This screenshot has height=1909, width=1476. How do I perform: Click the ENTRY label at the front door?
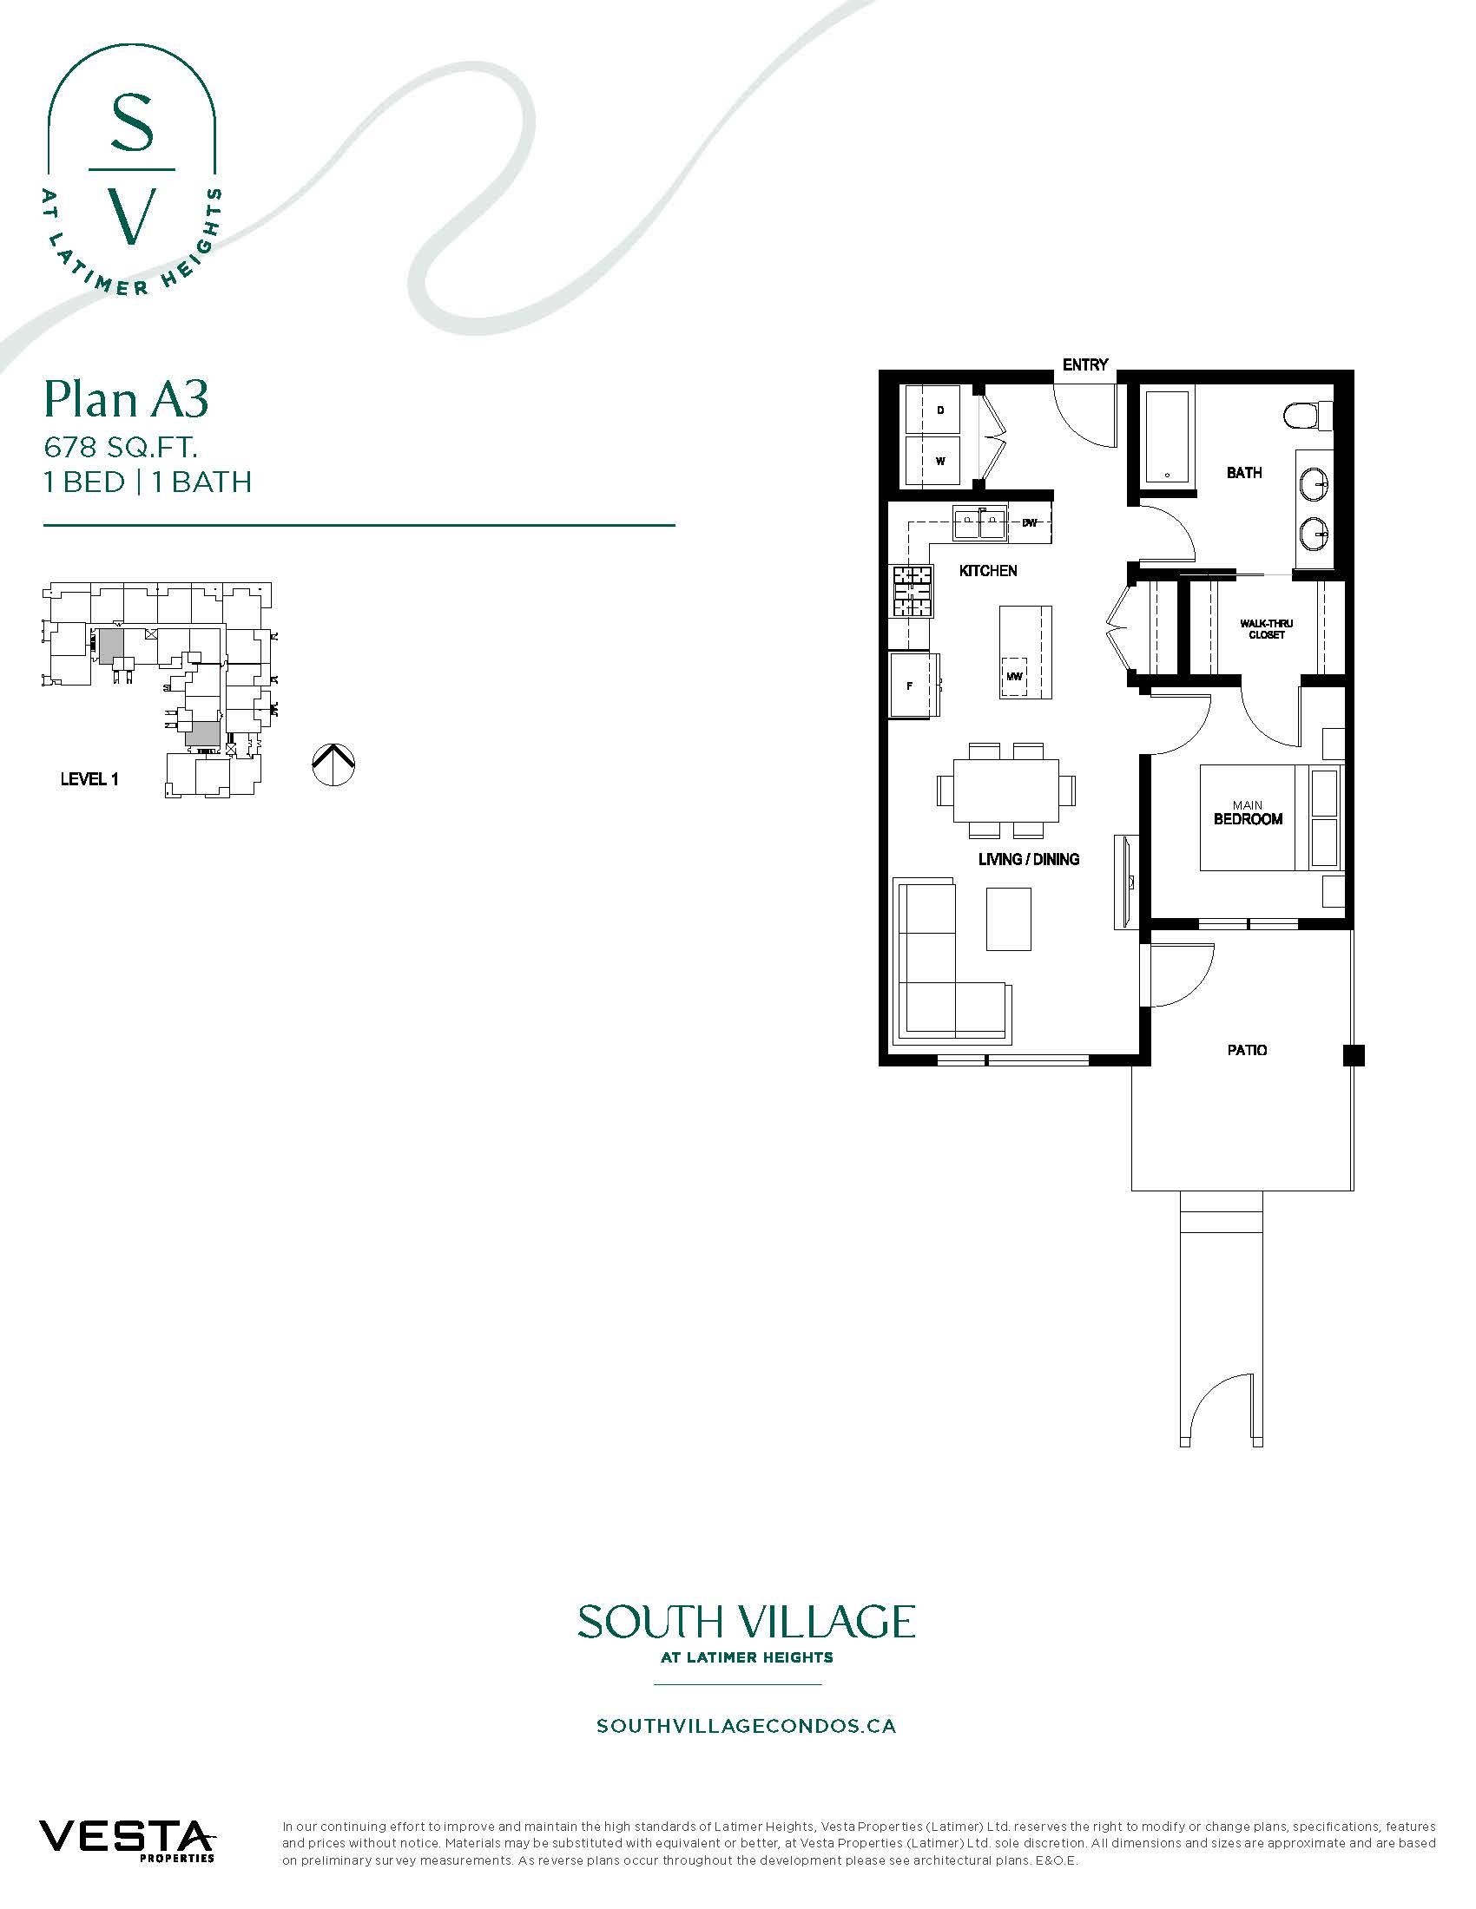click(x=1085, y=364)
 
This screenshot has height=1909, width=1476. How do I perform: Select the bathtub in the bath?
click(x=1166, y=438)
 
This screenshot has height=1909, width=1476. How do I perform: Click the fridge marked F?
click(x=910, y=686)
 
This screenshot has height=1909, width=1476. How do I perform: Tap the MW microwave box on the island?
click(x=1014, y=676)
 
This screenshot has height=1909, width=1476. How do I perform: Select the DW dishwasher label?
click(x=1029, y=522)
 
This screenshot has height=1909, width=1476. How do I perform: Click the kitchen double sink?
click(x=979, y=524)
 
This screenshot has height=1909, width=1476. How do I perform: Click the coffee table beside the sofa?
click(x=1008, y=918)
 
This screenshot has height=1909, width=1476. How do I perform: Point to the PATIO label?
click(x=1246, y=1050)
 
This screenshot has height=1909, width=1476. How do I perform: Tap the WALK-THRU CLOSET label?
click(x=1265, y=629)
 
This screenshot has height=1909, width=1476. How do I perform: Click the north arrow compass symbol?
click(x=333, y=764)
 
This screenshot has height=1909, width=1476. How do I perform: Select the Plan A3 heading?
click(x=126, y=400)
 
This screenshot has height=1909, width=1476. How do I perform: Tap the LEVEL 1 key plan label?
click(x=89, y=779)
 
